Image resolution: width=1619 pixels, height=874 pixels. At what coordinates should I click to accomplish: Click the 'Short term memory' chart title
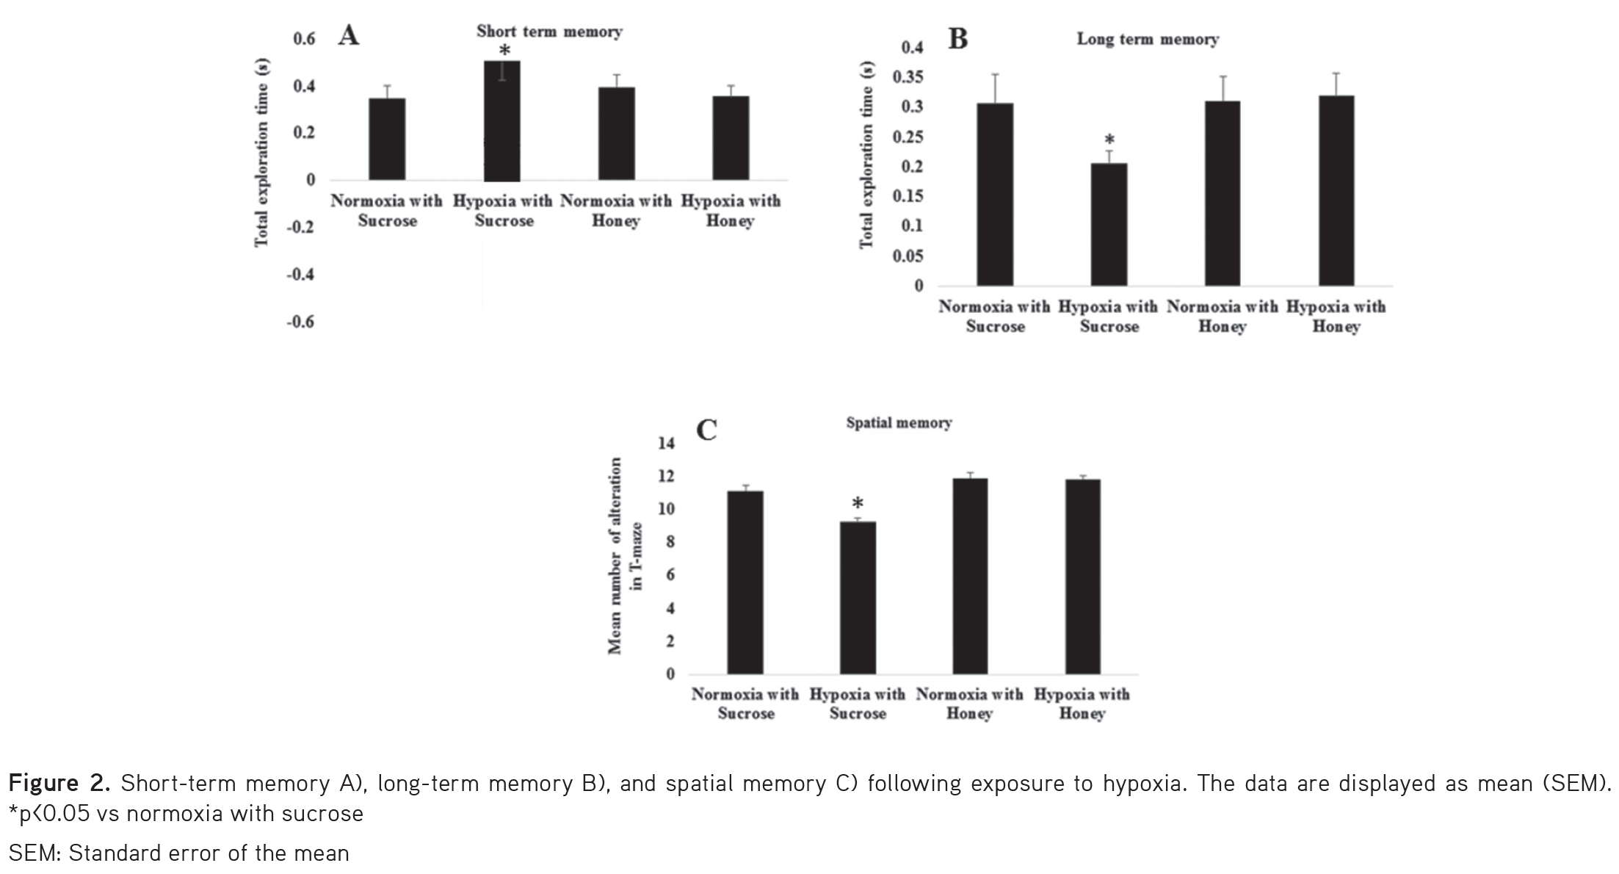(548, 32)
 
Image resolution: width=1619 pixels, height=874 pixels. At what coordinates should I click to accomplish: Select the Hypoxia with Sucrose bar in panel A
(502, 121)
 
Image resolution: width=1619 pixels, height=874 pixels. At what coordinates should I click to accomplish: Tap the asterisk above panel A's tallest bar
(504, 51)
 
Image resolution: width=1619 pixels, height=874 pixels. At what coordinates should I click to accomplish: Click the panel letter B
(957, 39)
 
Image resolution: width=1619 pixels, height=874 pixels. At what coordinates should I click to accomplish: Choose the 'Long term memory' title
(1147, 40)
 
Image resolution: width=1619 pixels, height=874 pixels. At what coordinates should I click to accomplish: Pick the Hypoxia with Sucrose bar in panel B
(1109, 224)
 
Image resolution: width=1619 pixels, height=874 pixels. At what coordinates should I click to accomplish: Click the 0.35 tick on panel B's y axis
(908, 78)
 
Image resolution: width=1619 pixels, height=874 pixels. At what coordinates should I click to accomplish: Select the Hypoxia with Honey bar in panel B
(1336, 190)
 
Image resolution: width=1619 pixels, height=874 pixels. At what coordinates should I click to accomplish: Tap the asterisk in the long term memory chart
(1109, 140)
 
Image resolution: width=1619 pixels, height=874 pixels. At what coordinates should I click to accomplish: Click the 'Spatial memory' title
(899, 423)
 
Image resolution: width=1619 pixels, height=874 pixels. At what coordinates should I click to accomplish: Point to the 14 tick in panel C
(666, 443)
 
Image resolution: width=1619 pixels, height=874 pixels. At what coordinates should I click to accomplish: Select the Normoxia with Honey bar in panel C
(970, 576)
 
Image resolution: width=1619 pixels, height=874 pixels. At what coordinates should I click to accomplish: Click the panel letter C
(706, 430)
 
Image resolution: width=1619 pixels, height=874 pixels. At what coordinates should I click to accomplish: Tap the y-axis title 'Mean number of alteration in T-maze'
(625, 555)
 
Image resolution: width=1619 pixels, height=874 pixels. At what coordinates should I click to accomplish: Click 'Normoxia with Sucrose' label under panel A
(386, 211)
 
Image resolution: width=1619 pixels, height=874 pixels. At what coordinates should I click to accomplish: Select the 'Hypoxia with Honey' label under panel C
(1082, 704)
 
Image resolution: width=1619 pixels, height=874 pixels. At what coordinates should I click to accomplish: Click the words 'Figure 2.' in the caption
(59, 784)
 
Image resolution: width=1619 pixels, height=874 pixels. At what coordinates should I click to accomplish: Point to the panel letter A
(348, 35)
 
